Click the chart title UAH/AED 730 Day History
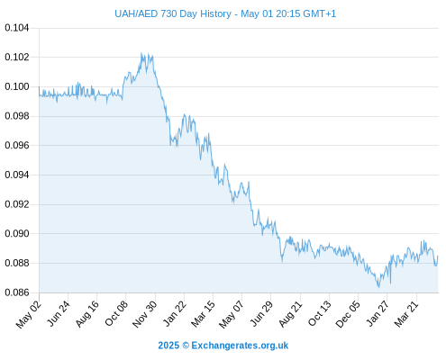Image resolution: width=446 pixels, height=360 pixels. [x=173, y=13]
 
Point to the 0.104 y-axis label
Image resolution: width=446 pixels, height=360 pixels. [x=17, y=28]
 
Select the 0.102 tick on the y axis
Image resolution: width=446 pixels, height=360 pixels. [x=17, y=57]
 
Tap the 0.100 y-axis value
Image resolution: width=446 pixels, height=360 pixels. [x=17, y=86]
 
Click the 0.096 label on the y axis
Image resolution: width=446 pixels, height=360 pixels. [x=17, y=146]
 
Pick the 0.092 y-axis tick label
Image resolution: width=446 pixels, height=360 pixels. [x=17, y=204]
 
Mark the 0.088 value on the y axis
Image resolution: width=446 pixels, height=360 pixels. [x=17, y=263]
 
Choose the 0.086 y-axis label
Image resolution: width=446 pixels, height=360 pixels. [x=17, y=292]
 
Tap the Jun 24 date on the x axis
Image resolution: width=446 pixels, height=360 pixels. [x=59, y=313]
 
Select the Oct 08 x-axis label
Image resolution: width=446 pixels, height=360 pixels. [x=116, y=313]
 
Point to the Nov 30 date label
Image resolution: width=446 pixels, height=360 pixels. [x=144, y=314]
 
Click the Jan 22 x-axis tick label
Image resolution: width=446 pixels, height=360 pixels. [x=175, y=313]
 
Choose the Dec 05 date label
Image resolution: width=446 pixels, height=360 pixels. [x=348, y=314]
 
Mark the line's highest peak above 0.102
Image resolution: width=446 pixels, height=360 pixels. [x=141, y=53]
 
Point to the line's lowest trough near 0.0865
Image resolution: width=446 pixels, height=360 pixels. [x=379, y=287]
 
